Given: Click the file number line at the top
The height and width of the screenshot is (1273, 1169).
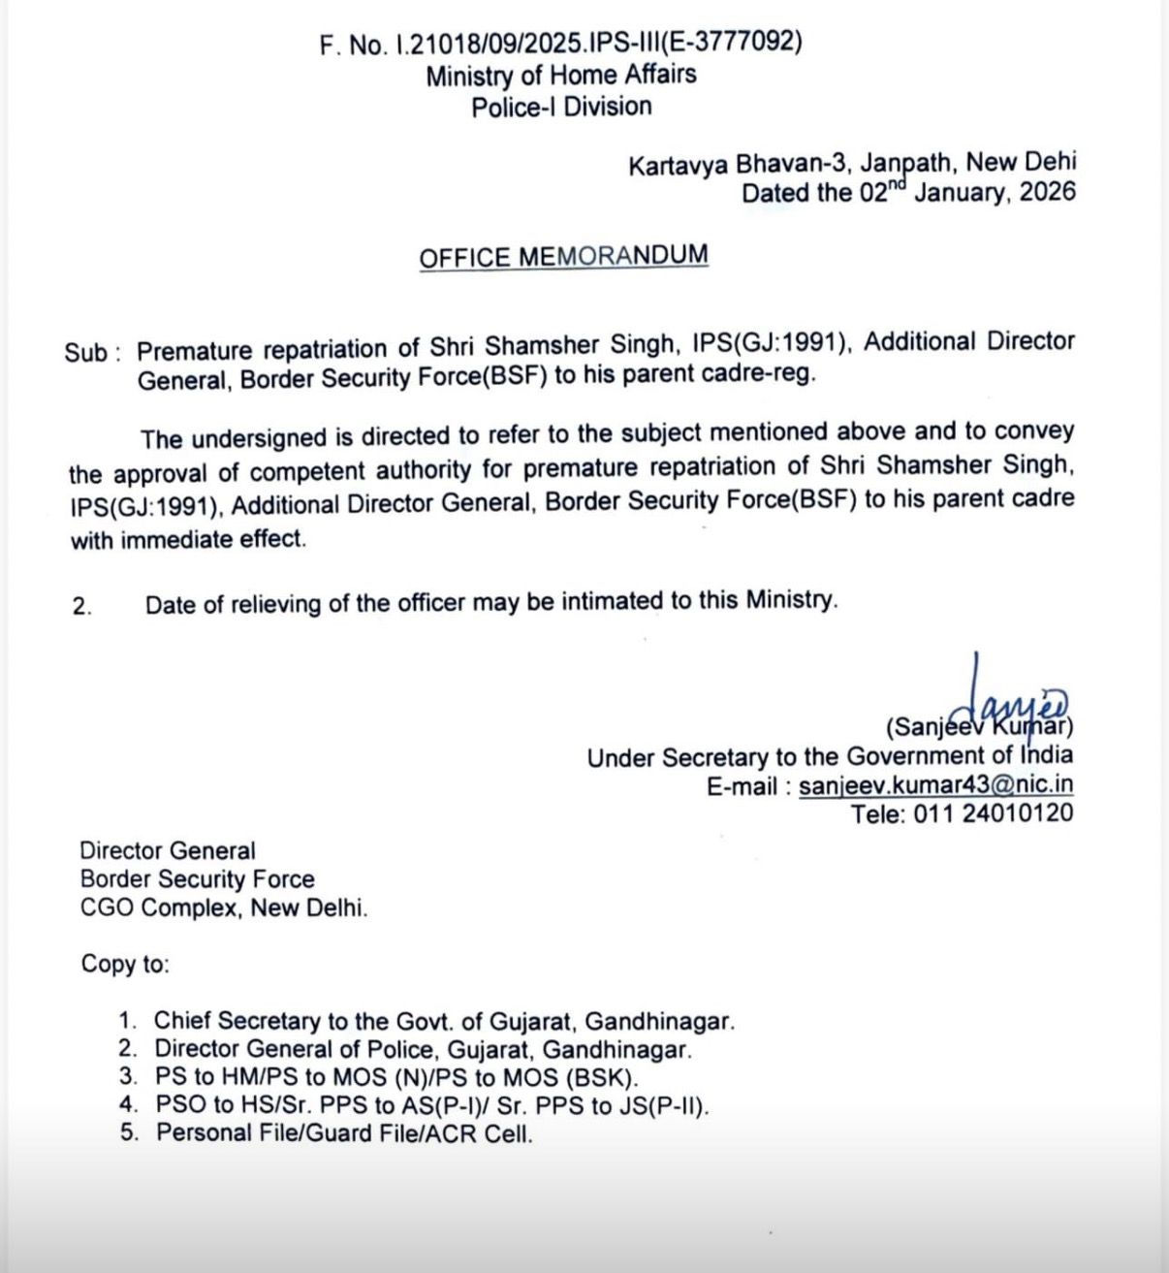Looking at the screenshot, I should point(560,44).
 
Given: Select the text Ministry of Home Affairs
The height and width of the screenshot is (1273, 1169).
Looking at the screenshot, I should point(560,75).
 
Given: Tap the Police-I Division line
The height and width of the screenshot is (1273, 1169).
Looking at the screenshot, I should point(561,107).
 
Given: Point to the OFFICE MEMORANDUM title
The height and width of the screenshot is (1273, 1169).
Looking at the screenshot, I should point(563,257).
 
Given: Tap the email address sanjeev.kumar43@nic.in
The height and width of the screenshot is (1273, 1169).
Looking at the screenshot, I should point(935,786).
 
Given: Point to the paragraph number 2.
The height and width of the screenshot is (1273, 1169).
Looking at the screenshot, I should point(82,607).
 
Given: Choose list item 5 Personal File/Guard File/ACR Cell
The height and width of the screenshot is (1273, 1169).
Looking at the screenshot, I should point(344,1132).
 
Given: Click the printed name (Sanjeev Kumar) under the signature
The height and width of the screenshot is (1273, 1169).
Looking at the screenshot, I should point(979,727).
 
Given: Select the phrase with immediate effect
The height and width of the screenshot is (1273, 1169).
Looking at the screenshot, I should point(188,540).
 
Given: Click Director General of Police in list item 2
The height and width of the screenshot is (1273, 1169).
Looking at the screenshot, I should point(287,1048).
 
